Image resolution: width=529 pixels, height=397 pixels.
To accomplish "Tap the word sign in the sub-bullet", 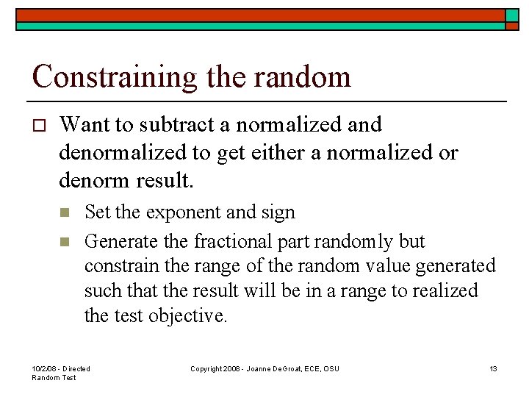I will (x=278, y=213).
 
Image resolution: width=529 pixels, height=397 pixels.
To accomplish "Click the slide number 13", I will (x=493, y=368).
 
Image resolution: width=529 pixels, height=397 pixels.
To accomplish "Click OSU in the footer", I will (x=331, y=368).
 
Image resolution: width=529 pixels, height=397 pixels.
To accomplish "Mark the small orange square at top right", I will (x=512, y=15).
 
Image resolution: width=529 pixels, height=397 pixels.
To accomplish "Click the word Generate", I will (x=116, y=241).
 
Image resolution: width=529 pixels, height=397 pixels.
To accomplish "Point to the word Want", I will (x=83, y=125).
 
